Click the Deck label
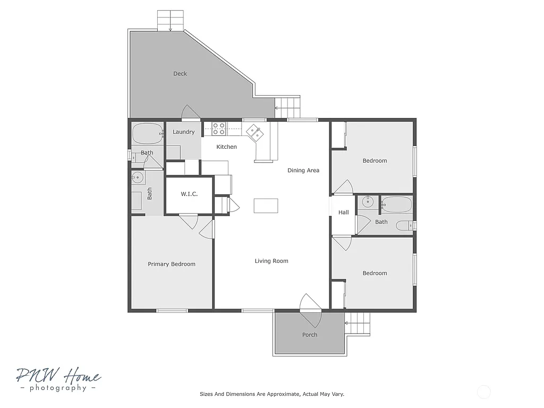pos(180,74)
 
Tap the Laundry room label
pos(183,132)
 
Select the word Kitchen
pos(226,147)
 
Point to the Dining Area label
pos(303,171)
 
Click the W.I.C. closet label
pos(189,194)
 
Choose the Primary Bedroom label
pos(172,264)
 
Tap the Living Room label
pos(271,261)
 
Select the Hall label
pos(344,212)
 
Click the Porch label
pos(310,335)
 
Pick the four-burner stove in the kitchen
pos(219,128)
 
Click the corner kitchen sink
pos(254,131)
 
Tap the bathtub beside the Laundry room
pos(147,133)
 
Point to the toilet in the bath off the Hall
pos(406,226)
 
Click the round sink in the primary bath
pos(137,177)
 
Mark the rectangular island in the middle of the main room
pos(266,205)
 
